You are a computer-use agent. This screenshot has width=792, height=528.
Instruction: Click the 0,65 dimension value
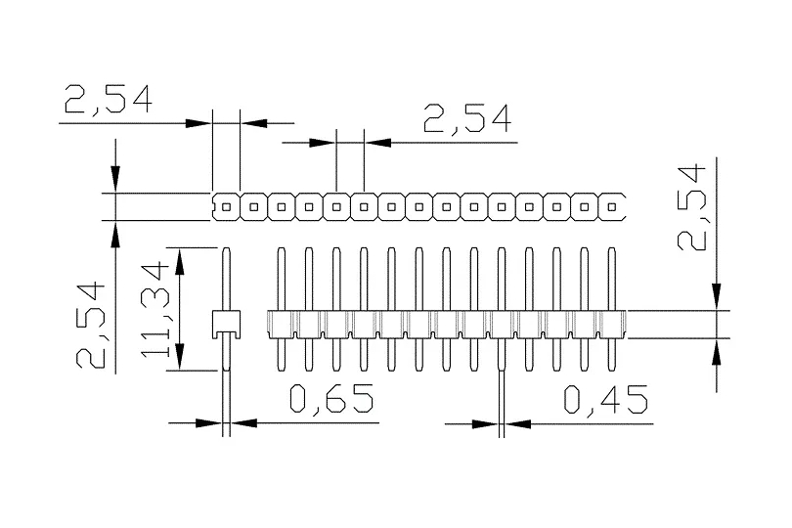click(x=331, y=401)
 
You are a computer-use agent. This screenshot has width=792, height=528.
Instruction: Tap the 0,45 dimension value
click(x=606, y=401)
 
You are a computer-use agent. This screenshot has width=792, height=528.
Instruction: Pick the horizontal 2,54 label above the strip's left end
click(x=108, y=100)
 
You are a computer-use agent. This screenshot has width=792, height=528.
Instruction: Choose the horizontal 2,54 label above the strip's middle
click(x=467, y=119)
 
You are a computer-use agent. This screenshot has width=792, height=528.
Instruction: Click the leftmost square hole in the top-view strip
click(x=227, y=206)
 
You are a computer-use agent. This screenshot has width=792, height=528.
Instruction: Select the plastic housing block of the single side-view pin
click(x=226, y=322)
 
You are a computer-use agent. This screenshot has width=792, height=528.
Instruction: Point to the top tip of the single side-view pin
click(x=226, y=248)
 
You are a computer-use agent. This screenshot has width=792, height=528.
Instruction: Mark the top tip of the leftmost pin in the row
click(x=281, y=248)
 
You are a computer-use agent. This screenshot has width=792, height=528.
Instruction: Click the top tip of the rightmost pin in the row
click(x=613, y=248)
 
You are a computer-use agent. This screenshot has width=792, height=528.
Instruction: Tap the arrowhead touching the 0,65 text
click(x=243, y=423)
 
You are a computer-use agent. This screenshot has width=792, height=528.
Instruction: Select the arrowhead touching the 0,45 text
click(x=517, y=424)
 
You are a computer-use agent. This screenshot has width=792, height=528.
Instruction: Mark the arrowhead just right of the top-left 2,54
click(x=252, y=123)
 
